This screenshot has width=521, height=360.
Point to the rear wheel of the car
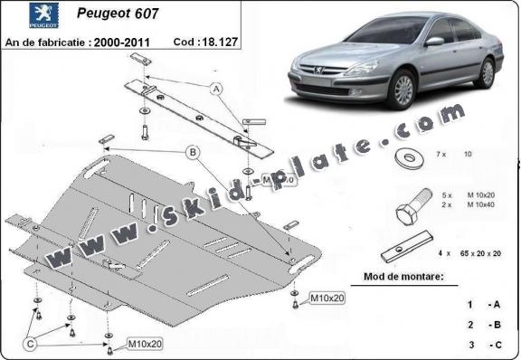tap(488, 71)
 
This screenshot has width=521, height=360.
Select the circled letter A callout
tap(216, 89)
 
